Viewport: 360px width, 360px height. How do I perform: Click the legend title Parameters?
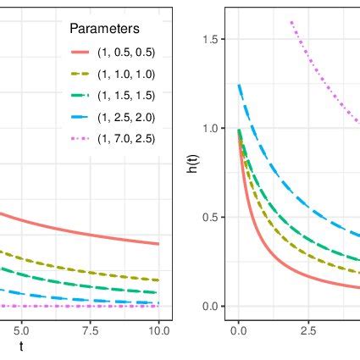pyautogui.click(x=104, y=29)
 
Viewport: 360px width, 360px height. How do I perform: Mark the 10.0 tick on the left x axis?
pyautogui.click(x=158, y=330)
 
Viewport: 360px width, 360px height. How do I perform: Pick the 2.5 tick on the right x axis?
pyautogui.click(x=307, y=330)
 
